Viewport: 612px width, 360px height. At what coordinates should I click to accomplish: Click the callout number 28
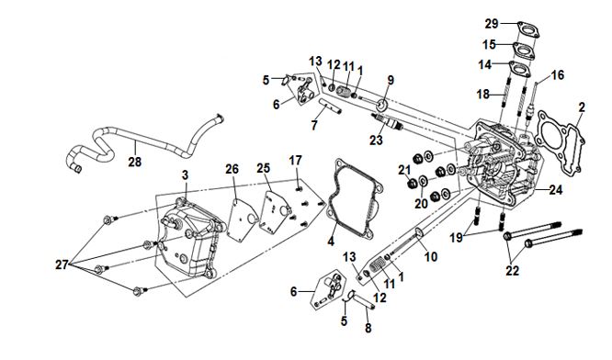pos(135,162)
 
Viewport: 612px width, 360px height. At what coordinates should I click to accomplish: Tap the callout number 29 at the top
pos(492,24)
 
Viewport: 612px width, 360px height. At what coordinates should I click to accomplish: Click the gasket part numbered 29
pos(528,29)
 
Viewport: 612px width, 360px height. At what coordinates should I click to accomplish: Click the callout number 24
pos(556,190)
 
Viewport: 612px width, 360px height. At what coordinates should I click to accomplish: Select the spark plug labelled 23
pos(387,121)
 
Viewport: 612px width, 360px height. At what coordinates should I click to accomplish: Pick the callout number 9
pos(391,80)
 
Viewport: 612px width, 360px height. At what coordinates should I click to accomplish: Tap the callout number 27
pos(62,264)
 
